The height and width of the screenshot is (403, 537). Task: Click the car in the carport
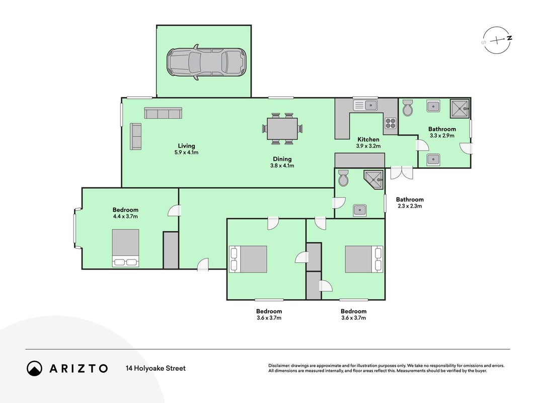(x=206, y=62)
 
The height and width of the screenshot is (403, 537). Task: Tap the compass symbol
(x=497, y=40)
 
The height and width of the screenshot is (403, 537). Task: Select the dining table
(x=282, y=128)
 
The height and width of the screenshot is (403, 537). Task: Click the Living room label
(x=186, y=146)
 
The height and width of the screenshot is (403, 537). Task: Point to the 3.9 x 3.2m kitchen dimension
(x=368, y=146)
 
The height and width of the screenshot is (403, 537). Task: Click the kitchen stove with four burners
(x=391, y=122)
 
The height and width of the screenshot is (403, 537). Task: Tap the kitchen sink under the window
(x=365, y=105)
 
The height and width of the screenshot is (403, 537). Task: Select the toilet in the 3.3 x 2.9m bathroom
(x=408, y=108)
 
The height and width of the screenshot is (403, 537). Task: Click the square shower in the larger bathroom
(x=459, y=108)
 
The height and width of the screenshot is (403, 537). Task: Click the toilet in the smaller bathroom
(x=343, y=178)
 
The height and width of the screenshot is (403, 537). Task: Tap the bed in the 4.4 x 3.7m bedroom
(x=125, y=248)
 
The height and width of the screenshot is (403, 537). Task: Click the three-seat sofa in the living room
(x=163, y=113)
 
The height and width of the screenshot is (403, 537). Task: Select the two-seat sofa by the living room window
(x=135, y=137)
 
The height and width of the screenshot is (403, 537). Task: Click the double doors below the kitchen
(x=402, y=172)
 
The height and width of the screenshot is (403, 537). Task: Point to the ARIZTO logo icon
(x=34, y=368)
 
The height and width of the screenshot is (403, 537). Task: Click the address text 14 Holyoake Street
(x=156, y=368)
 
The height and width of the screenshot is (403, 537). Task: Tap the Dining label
(x=282, y=159)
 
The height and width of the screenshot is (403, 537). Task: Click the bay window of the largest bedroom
(x=76, y=228)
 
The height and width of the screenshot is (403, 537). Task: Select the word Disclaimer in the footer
(x=279, y=366)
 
